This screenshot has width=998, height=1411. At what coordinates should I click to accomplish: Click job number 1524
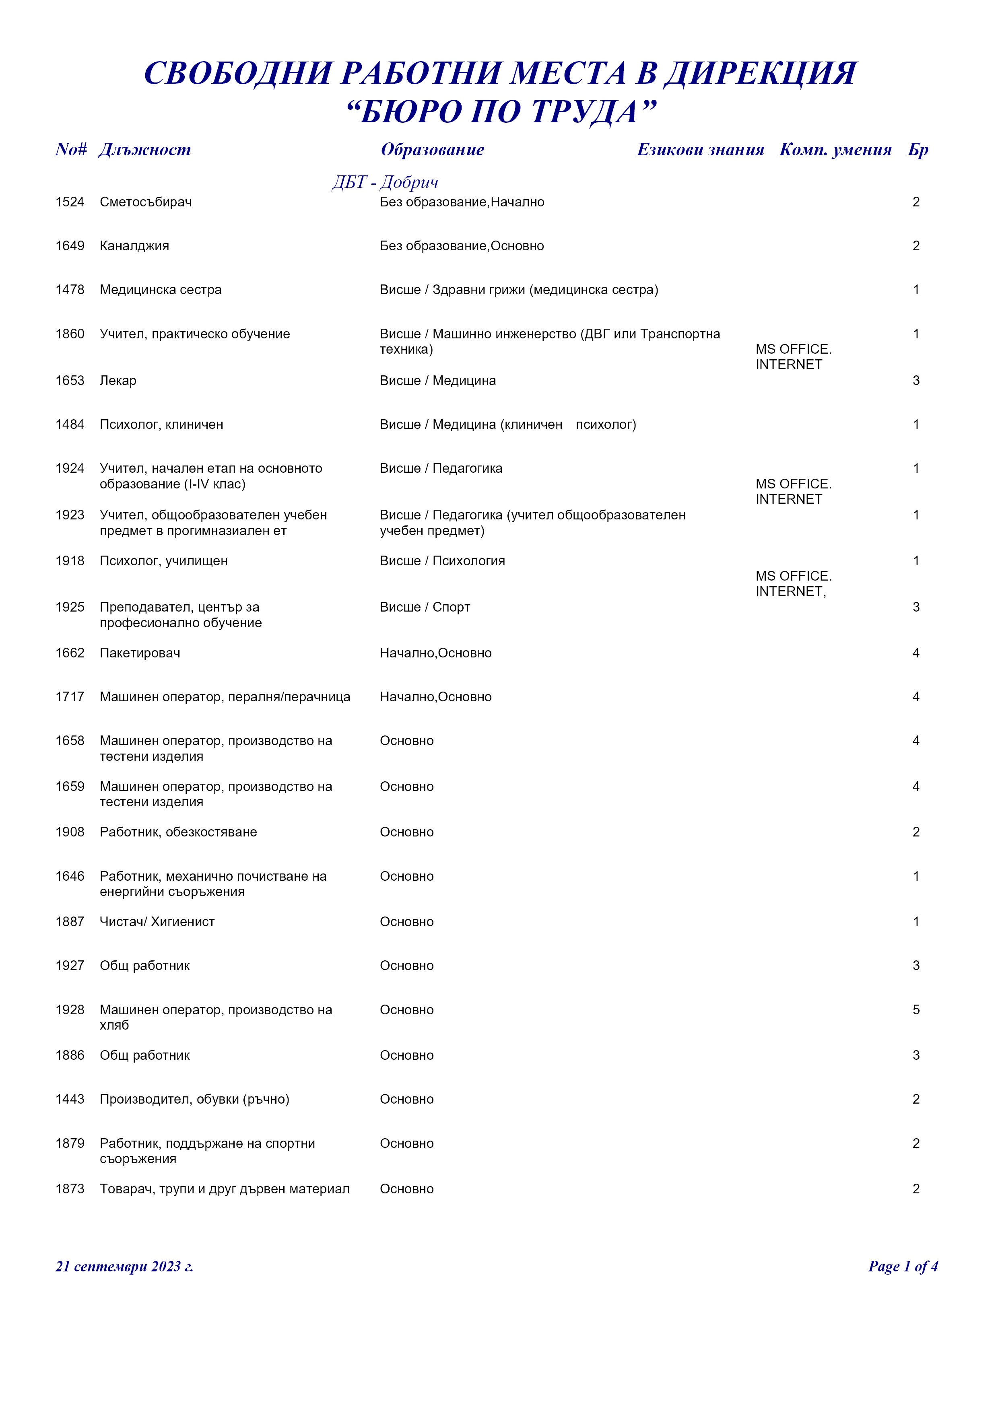coord(70,202)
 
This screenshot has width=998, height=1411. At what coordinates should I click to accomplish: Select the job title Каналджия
coord(134,246)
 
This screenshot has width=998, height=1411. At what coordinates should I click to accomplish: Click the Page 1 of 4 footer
coord(902,1266)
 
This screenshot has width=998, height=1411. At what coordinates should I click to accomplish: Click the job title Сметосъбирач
coord(146,202)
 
